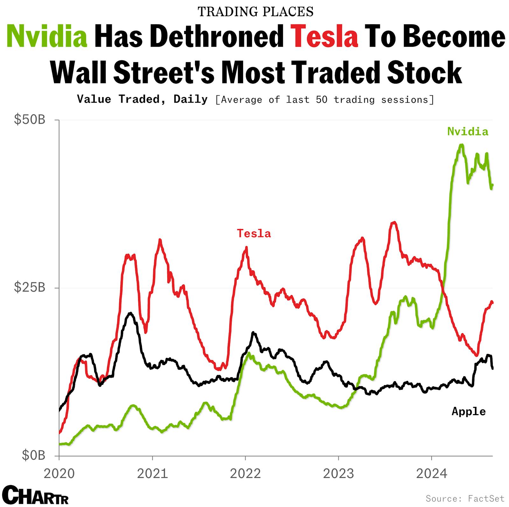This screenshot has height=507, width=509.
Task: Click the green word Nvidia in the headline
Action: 47,37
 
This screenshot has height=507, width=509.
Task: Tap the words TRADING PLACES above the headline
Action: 255,12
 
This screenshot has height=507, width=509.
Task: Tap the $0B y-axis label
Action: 34,456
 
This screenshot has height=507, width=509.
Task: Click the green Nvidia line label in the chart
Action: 467,132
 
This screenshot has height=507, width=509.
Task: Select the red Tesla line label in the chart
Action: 254,234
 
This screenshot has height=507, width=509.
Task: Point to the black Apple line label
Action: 469,412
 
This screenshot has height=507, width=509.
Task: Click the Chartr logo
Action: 38,495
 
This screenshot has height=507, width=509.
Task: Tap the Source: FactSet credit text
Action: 465,498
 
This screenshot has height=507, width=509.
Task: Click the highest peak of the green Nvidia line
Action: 461,145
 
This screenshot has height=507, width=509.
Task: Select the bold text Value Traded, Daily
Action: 142,99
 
